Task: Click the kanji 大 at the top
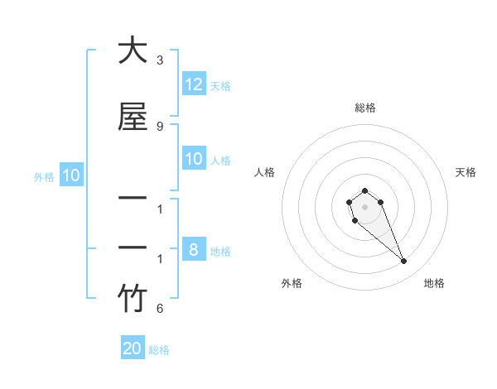tap(133, 50)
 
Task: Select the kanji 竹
tap(133, 299)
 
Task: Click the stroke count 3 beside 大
tap(160, 60)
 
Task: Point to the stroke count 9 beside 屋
tap(160, 126)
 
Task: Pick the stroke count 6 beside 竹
tap(160, 309)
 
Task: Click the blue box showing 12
tap(194, 84)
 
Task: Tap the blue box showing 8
tap(194, 250)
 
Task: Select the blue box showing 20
tap(133, 348)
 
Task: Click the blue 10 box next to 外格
tap(71, 175)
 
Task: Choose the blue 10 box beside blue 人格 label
tap(194, 159)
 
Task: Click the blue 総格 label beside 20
tap(159, 350)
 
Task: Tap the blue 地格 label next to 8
tap(220, 252)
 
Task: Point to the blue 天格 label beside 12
tap(220, 86)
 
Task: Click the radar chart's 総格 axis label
tap(365, 108)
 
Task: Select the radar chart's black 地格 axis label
tap(434, 283)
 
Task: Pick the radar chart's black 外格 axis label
tap(292, 283)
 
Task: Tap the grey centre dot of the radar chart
tap(365, 207)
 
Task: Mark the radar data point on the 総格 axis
tap(365, 190)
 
